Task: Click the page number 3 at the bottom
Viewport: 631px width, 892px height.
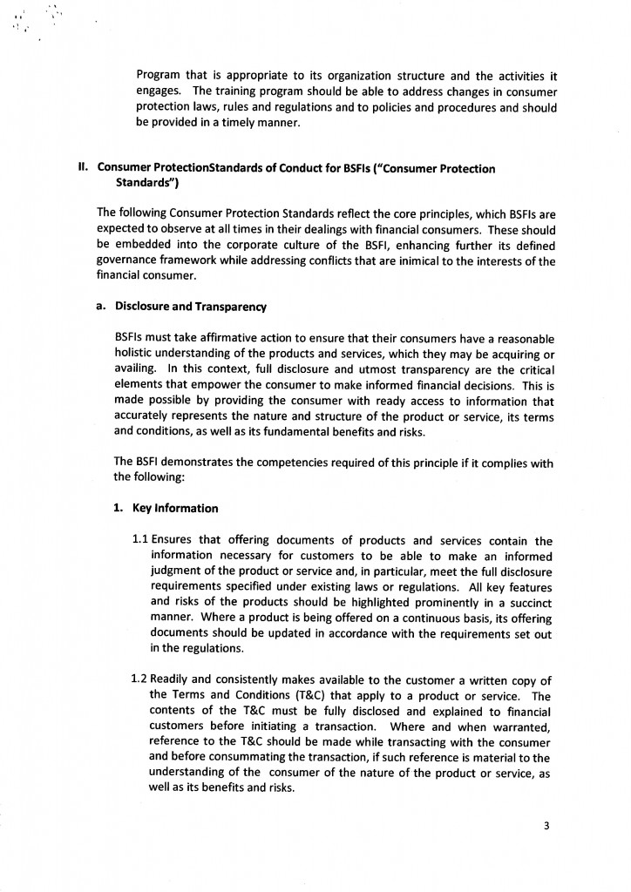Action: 546,827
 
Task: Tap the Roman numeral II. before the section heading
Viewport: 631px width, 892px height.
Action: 85,168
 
